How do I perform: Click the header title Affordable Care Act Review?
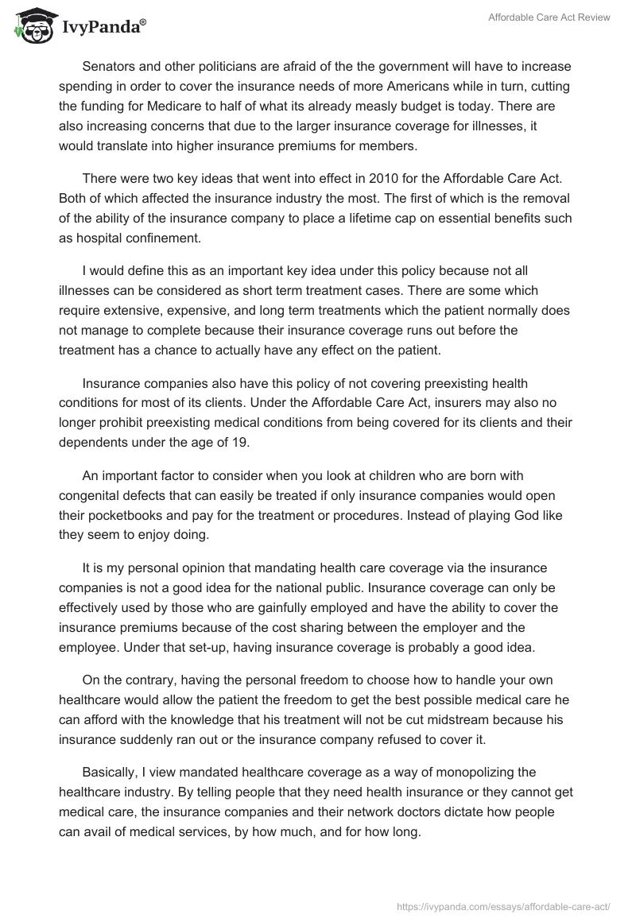549,17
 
